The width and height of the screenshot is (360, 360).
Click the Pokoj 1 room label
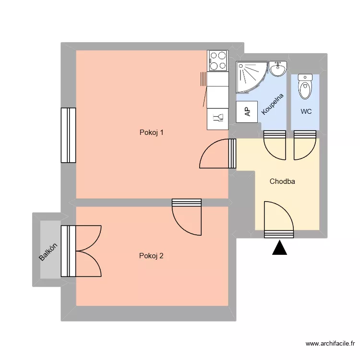[x=151, y=133]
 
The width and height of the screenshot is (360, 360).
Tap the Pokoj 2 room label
[x=151, y=256]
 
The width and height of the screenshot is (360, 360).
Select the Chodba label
[x=282, y=181]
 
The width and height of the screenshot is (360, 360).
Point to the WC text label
[x=306, y=112]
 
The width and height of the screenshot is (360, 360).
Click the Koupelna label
[x=273, y=104]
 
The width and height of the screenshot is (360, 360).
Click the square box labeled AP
[x=247, y=112]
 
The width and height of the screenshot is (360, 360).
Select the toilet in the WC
[x=305, y=86]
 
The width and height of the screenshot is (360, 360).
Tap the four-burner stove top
[x=217, y=61]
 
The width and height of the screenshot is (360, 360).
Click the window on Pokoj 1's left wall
[x=68, y=135]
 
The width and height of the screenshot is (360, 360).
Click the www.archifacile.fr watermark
[x=330, y=344]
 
